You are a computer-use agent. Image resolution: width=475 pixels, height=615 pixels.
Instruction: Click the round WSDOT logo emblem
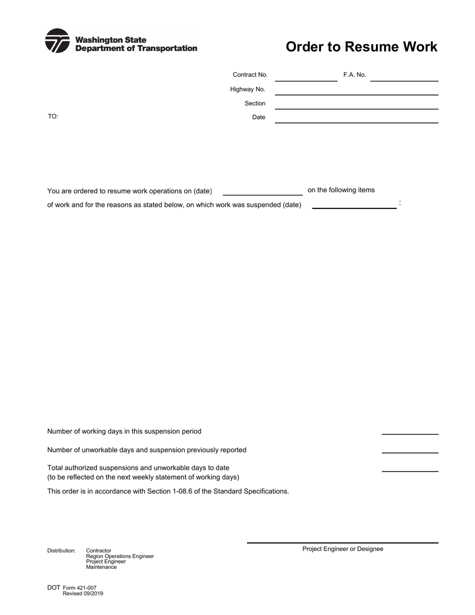(57, 41)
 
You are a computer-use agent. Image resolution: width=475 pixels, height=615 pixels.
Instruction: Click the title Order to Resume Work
(361, 47)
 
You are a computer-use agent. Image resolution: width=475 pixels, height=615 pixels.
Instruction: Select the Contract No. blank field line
(306, 77)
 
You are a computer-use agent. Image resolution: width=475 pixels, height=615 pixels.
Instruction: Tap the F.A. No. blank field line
(404, 77)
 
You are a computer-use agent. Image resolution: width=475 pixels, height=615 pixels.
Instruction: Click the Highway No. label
(247, 89)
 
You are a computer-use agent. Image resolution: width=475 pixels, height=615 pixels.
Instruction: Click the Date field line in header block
(356, 119)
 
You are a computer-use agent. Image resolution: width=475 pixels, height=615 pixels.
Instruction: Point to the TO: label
(53, 116)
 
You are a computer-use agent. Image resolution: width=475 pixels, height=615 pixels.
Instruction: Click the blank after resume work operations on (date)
(262, 192)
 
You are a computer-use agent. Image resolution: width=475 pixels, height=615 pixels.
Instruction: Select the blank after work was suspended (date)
(354, 205)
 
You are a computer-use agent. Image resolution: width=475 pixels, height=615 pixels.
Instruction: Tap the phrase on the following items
(341, 190)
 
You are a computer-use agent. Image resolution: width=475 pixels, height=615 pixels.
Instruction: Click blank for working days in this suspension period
(409, 431)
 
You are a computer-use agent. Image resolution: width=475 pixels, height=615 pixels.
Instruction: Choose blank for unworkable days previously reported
(409, 450)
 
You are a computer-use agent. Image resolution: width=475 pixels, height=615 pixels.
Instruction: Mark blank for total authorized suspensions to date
(409, 468)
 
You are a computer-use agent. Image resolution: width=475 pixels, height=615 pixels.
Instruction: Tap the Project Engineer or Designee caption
(342, 549)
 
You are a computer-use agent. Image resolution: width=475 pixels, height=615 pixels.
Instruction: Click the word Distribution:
(61, 551)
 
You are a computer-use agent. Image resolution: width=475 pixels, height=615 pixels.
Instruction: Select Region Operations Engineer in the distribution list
(120, 556)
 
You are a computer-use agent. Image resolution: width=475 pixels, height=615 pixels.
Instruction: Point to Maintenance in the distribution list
(101, 567)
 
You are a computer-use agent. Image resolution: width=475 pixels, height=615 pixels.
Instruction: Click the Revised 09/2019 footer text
(83, 594)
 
